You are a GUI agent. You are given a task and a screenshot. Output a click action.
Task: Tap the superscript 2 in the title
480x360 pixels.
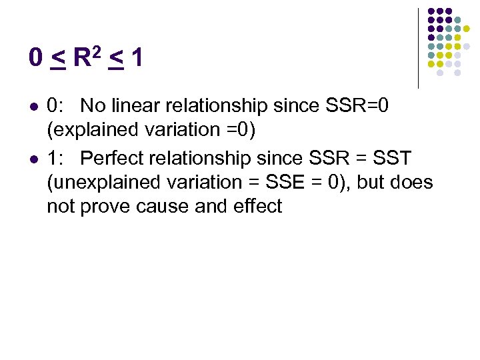click(98, 51)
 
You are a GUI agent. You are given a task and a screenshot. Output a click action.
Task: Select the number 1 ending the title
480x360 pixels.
click(137, 59)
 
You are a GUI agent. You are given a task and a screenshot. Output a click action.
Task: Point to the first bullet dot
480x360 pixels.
click(33, 106)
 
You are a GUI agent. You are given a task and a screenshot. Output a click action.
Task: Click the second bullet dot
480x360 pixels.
click(33, 159)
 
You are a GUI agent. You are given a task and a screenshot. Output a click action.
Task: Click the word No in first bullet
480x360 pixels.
click(92, 105)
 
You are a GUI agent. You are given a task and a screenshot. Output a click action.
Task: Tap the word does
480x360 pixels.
click(411, 182)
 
